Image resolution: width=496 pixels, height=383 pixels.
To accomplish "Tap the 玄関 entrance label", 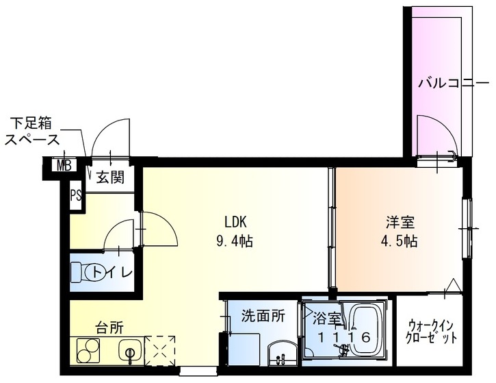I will pos(110,179).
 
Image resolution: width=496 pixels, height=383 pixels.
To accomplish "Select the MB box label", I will pos(64,165).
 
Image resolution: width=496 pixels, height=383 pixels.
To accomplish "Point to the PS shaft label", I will pos(75,195).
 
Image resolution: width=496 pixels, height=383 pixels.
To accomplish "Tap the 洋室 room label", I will pos(400,222).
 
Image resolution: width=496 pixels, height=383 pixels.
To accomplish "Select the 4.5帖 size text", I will pos(400,241).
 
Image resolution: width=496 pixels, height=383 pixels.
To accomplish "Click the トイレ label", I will pos(112,272).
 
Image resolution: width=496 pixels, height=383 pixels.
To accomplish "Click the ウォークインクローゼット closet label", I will pos(432,332).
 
